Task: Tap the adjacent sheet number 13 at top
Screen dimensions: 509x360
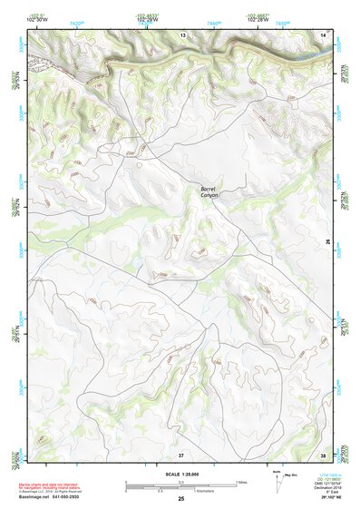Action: (x=182, y=34)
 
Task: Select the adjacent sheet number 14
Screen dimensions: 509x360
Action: (x=323, y=34)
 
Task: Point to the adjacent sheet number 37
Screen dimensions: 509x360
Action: (x=180, y=453)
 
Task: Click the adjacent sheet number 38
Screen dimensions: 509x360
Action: (x=323, y=453)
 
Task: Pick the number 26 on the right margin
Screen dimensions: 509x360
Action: (x=328, y=241)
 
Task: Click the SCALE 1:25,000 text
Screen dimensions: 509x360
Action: (x=180, y=474)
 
